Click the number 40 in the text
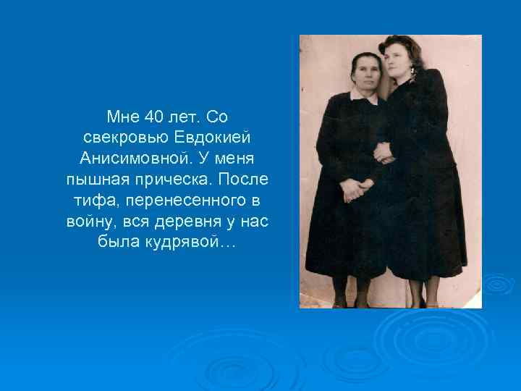pos(153,116)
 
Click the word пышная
pos(94,179)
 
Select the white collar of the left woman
pos(364,96)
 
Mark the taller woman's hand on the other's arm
pos(382,152)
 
